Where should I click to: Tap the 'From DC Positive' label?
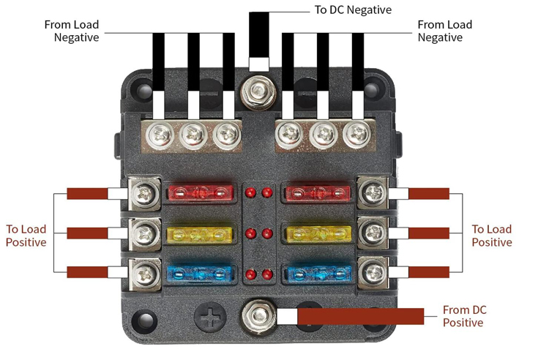click(463, 316)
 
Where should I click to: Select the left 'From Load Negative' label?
click(72, 31)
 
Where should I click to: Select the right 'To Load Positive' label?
click(492, 236)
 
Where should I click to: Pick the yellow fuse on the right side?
click(317, 234)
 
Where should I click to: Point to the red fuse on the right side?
click(317, 193)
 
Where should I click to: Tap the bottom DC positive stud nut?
click(259, 316)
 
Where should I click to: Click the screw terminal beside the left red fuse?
click(144, 193)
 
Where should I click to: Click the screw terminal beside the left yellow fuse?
click(144, 233)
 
